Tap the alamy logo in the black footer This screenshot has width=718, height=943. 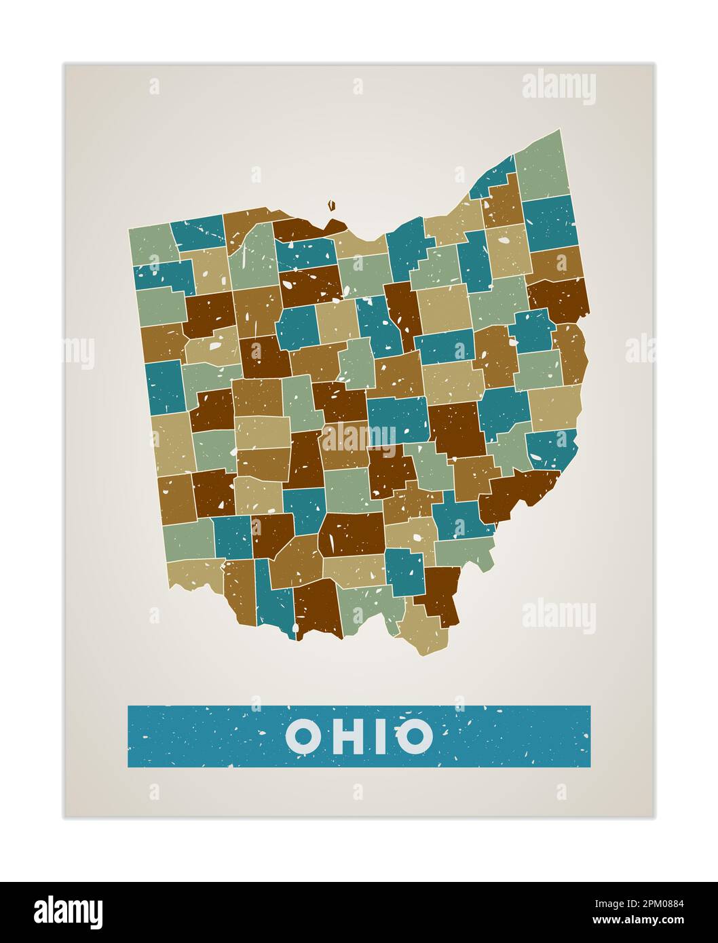point(69,912)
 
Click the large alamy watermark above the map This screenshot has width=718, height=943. point(559,88)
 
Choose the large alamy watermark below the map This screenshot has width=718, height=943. point(559,616)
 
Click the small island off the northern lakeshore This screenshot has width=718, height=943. point(332,204)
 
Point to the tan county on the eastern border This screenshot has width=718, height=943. point(554,407)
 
